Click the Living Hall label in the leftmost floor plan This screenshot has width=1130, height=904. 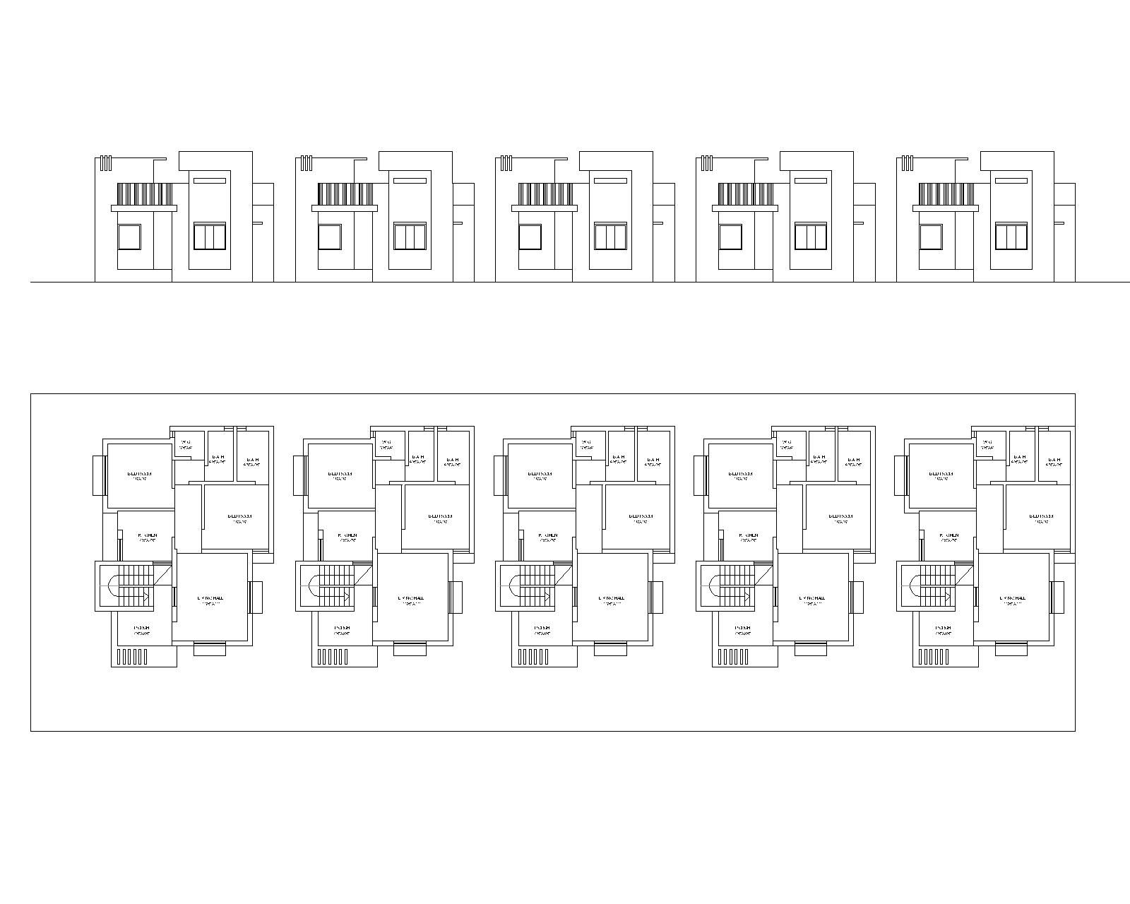(211, 599)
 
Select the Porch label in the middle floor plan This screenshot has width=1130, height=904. (542, 629)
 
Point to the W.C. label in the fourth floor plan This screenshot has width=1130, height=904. (787, 444)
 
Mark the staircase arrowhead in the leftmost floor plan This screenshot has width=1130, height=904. (146, 597)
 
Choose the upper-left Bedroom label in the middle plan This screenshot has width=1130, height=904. (540, 475)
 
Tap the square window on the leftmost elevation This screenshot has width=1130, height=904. (129, 237)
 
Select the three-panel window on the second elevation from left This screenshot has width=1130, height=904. (410, 237)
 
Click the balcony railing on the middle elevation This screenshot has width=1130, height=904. (545, 194)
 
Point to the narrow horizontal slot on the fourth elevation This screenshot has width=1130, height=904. (811, 181)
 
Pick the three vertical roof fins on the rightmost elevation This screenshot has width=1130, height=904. (908, 164)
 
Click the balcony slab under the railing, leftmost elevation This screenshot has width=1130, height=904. (143, 208)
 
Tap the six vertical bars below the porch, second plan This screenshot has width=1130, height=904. (333, 658)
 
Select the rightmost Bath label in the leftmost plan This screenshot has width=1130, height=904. (252, 460)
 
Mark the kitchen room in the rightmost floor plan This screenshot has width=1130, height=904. (948, 537)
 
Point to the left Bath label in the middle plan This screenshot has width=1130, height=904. (619, 458)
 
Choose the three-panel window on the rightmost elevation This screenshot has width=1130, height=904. (1011, 237)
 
